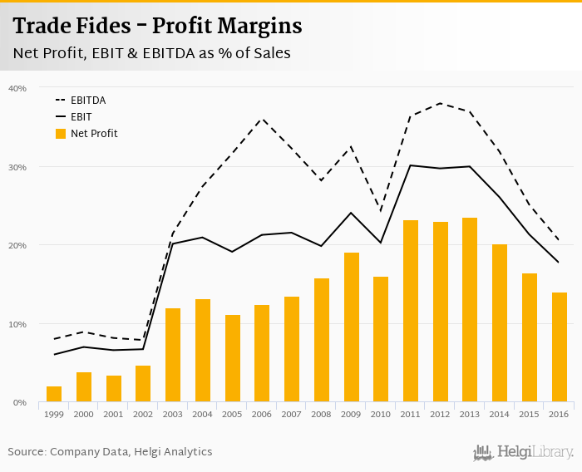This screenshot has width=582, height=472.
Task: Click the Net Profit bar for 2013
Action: [470, 310]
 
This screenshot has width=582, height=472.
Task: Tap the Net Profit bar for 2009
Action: [351, 327]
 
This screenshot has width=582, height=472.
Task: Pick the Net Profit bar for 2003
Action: [173, 355]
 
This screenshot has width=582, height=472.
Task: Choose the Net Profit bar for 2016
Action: [559, 347]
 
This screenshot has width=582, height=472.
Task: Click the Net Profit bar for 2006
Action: [262, 353]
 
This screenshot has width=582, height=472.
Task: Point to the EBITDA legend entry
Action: [88, 101]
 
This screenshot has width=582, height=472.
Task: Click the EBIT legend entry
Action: [81, 117]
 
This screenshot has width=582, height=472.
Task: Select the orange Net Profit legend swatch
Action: [60, 133]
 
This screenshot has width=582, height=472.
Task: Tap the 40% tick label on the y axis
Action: [17, 88]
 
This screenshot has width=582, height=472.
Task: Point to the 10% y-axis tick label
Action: [17, 324]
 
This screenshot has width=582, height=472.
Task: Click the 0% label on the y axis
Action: [20, 402]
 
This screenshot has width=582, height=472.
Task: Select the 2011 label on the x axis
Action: [411, 414]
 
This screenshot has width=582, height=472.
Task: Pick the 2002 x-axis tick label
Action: [143, 414]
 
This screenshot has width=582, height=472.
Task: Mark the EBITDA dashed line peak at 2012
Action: [440, 103]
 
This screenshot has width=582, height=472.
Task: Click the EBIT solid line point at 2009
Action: [351, 213]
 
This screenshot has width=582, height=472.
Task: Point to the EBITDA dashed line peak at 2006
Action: [262, 119]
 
